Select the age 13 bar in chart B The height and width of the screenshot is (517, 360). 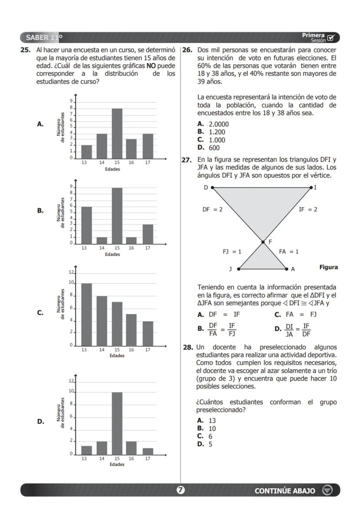click(87, 225)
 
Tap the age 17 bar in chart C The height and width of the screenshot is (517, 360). click(148, 333)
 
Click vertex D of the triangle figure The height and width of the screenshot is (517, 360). click(212, 187)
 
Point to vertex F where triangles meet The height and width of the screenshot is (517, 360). click(263, 242)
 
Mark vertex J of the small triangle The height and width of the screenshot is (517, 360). click(238, 269)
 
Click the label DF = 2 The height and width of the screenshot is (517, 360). click(212, 210)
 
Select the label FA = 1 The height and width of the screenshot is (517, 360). click(288, 251)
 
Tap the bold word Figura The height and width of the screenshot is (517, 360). click(328, 267)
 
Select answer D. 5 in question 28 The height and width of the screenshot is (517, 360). click(205, 444)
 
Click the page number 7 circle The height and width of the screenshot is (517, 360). click(180, 490)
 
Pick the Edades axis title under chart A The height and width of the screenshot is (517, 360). click(112, 169)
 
